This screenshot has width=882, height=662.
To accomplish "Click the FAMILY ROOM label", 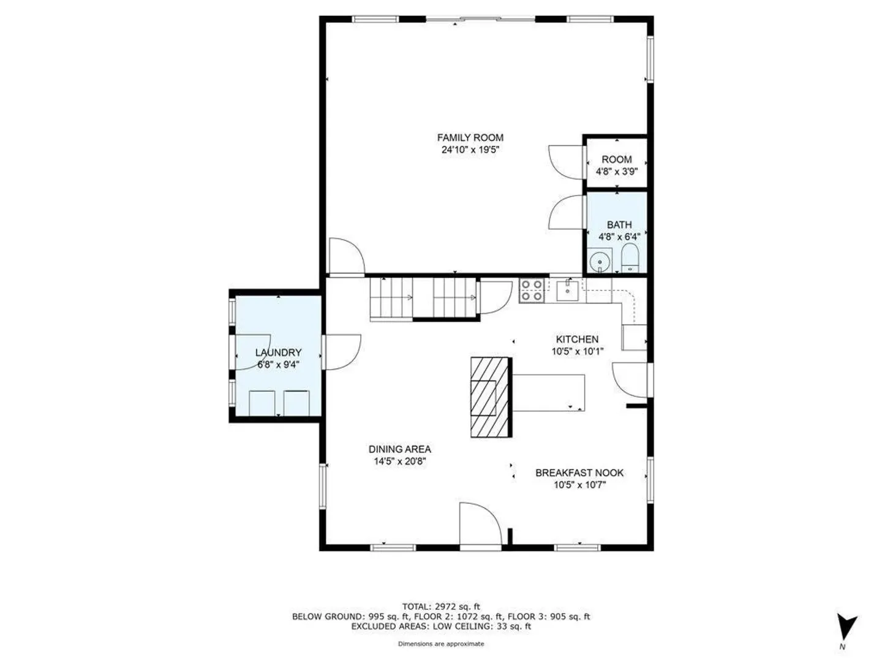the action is click(470, 138).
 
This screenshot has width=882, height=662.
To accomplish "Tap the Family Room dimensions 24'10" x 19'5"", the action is click(470, 150).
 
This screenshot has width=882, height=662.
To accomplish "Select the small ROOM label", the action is click(616, 159).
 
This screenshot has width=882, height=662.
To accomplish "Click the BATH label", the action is click(619, 225).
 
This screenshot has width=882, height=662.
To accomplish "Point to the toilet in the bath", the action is click(630, 258).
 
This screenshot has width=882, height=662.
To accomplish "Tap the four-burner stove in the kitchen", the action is click(532, 290).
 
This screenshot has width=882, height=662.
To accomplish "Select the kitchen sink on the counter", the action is click(567, 291).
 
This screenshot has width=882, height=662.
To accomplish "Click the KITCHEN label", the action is click(577, 339).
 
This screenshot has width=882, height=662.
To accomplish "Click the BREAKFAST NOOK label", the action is click(579, 473).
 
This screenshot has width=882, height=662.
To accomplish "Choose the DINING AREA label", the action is click(400, 449).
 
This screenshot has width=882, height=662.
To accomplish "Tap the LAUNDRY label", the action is click(278, 352).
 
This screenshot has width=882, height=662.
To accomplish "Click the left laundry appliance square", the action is click(262, 403).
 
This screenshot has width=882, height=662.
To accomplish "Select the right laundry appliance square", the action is click(296, 403).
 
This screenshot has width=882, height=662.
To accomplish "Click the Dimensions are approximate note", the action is click(441, 644).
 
